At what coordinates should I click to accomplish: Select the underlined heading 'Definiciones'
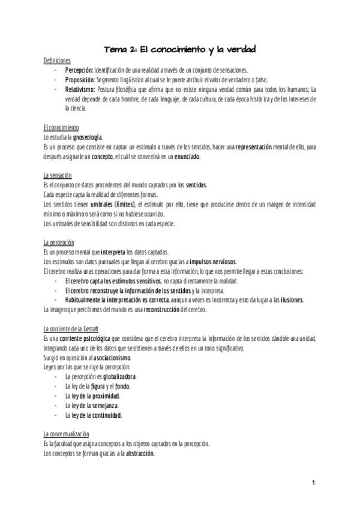tap(58, 61)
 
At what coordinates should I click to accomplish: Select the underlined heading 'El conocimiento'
tap(61, 128)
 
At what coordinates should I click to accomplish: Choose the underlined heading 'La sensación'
tap(58, 175)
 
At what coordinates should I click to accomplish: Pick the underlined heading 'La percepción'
tap(59, 242)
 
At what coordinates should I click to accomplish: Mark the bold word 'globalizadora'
tap(119, 376)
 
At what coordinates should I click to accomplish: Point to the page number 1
tap(314, 483)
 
